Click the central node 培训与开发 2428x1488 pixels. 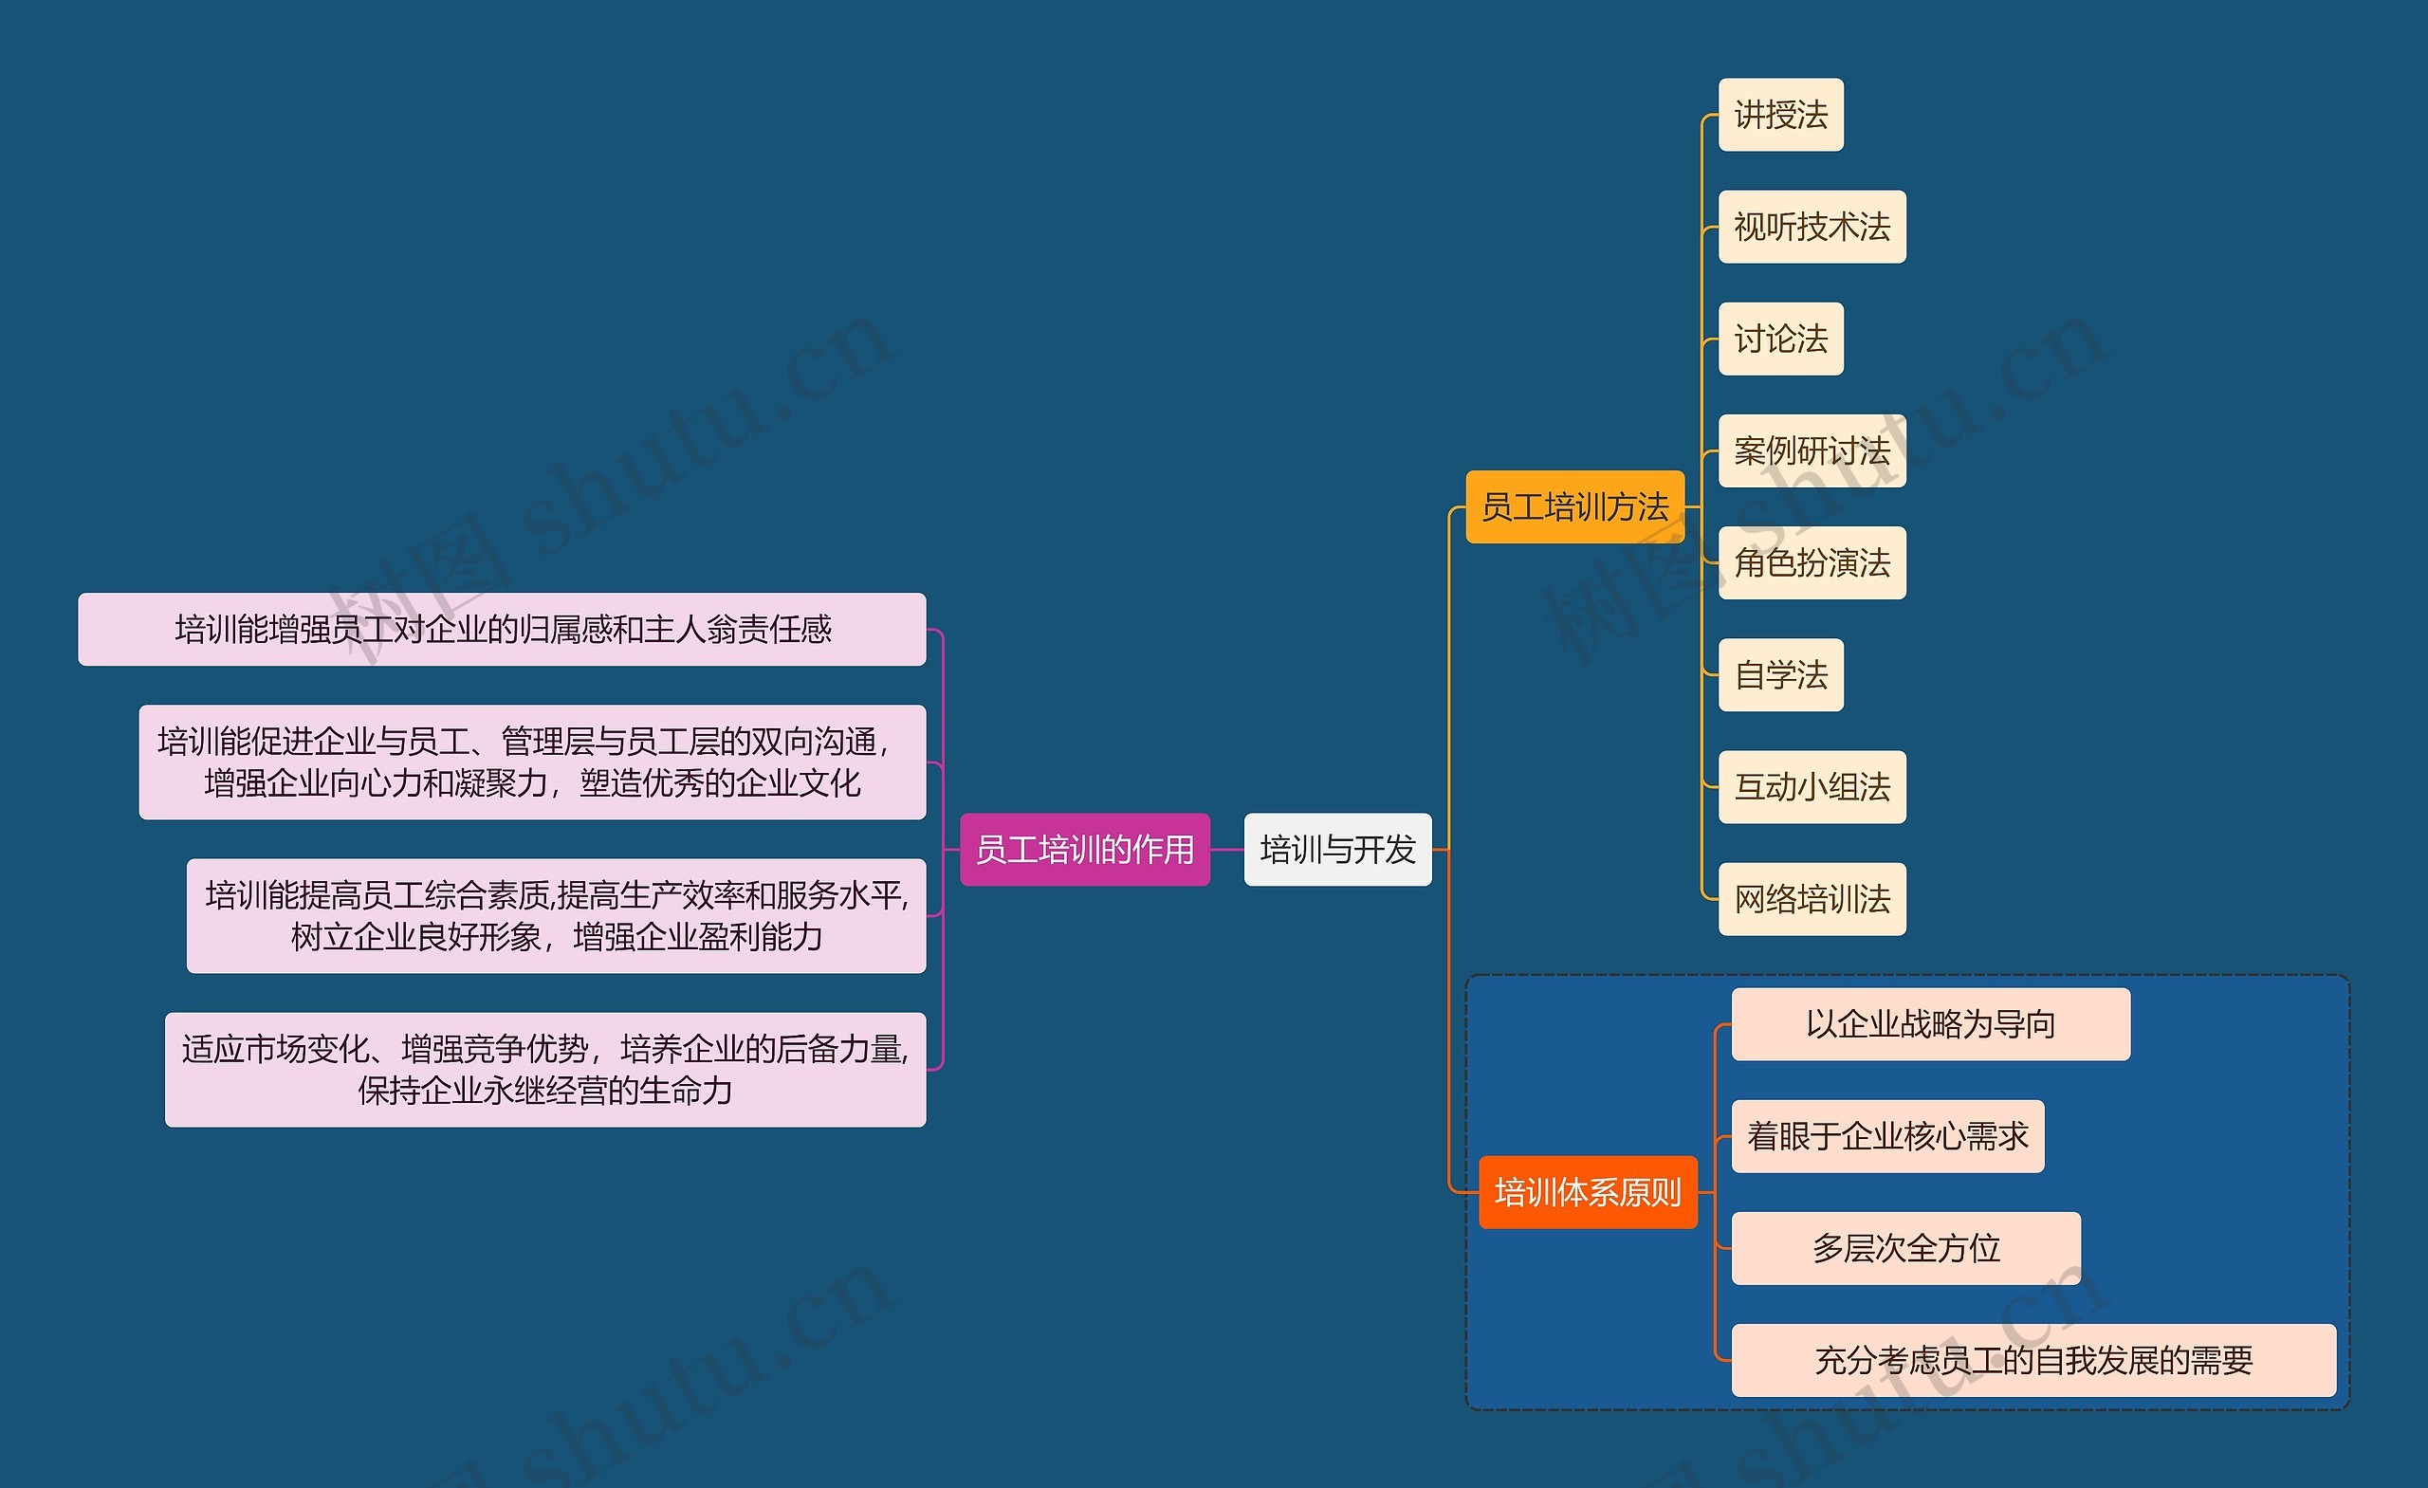pyautogui.click(x=1337, y=850)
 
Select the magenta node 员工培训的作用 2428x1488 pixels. pyautogui.click(x=1084, y=850)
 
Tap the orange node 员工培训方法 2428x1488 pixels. pyautogui.click(x=1574, y=507)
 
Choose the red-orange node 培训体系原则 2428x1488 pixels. pyautogui.click(x=1588, y=1192)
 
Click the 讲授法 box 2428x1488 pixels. pyautogui.click(x=1780, y=116)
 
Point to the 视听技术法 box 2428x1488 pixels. pyautogui.click(x=1812, y=228)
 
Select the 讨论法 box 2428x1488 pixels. pyautogui.click(x=1780, y=339)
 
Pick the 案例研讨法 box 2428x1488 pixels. pyautogui.click(x=1812, y=451)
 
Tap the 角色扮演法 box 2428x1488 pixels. pyautogui.click(x=1812, y=562)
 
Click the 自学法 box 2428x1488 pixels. pyautogui.click(x=1780, y=675)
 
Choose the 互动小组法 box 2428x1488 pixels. pyautogui.click(x=1812, y=787)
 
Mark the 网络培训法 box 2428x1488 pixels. pyautogui.click(x=1812, y=899)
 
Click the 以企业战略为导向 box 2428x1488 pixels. pyautogui.click(x=1930, y=1025)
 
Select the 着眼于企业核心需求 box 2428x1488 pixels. pyautogui.click(x=1887, y=1136)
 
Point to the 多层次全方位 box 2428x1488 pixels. pyautogui.click(x=1905, y=1249)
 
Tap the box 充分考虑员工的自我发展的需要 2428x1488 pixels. pyautogui.click(x=2033, y=1361)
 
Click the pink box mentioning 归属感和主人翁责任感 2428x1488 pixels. pyautogui.click(x=503, y=630)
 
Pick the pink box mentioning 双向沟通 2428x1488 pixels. pyautogui.click(x=532, y=762)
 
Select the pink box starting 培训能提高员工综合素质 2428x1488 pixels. pyautogui.click(x=556, y=915)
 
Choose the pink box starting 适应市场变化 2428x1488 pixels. pyautogui.click(x=545, y=1069)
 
